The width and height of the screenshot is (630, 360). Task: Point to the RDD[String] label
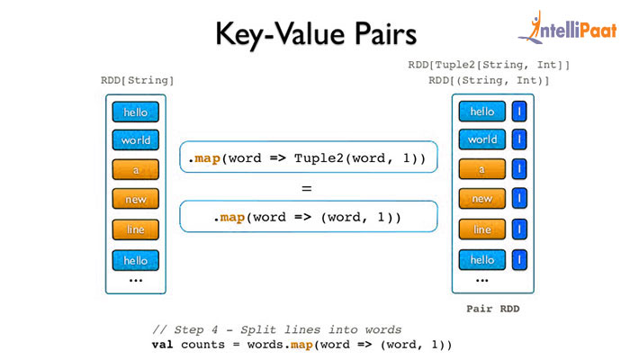point(137,81)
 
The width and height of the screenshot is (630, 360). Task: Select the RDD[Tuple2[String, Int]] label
point(490,65)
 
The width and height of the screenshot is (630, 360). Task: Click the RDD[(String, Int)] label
point(490,81)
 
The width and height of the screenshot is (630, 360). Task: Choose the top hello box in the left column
point(136,112)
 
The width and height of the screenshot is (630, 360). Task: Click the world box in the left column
point(136,140)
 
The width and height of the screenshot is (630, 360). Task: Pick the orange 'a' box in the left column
point(136,170)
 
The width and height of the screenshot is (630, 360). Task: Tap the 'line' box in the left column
point(136,229)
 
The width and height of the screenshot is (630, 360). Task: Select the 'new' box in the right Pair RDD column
point(481,199)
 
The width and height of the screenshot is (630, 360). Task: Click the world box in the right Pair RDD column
point(481,139)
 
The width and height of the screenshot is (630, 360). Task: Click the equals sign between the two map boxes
point(307,189)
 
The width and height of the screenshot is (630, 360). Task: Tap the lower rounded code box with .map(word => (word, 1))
point(308,218)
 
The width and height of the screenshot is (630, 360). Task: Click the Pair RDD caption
point(492,309)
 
